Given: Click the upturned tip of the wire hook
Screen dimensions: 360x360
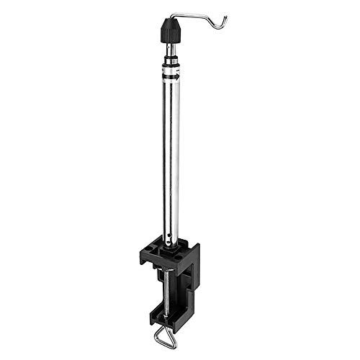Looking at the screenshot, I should tap(225, 17).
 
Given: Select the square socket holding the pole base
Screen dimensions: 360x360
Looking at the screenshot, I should tap(171, 253).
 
